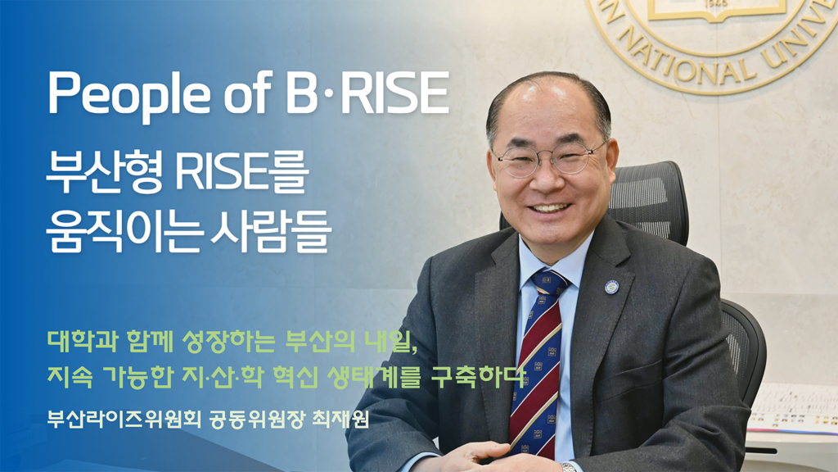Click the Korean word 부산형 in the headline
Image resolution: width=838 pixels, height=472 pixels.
click(x=105, y=172)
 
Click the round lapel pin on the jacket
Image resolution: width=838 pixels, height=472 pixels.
click(x=612, y=287)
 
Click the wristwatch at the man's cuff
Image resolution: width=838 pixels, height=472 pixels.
click(x=569, y=467)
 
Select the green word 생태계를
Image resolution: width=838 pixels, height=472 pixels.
click(x=372, y=376)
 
